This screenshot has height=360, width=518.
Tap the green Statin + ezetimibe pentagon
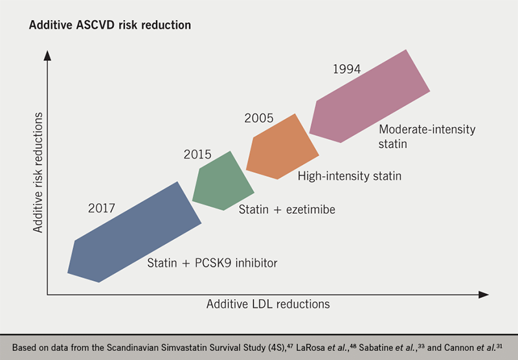tap(223, 181)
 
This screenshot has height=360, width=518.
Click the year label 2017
tap(102, 208)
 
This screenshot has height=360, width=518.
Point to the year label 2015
tap(198, 155)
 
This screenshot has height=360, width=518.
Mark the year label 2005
tap(258, 118)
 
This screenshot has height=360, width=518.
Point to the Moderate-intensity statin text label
tap(427, 136)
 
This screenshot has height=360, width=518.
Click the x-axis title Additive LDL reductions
tap(268, 304)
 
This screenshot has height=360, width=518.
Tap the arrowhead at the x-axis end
tap(484, 295)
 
